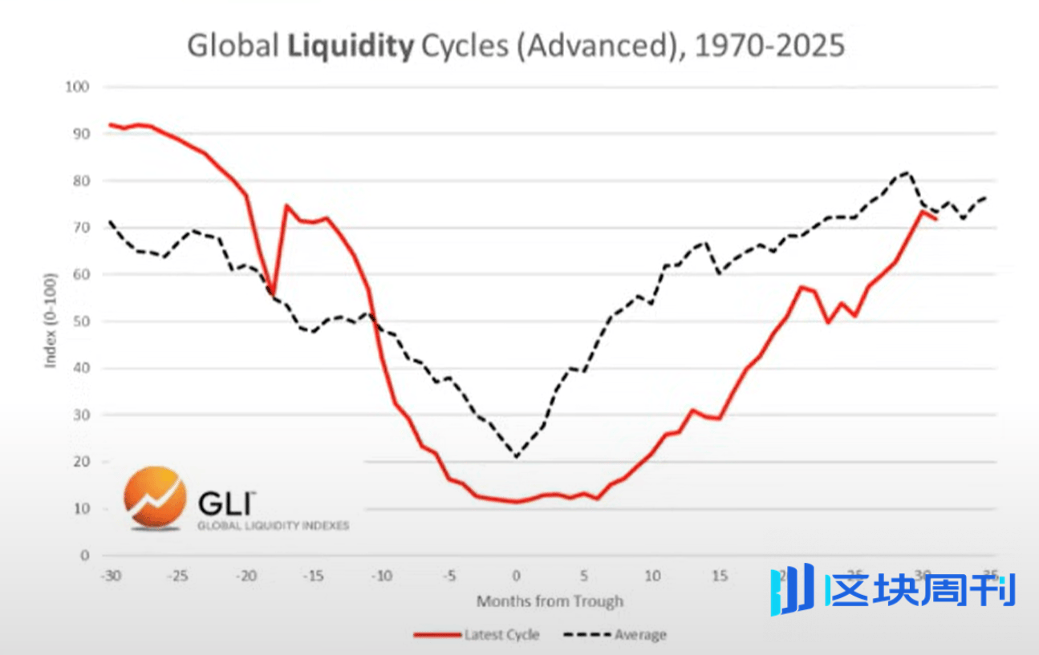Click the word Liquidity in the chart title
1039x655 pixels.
[x=349, y=46]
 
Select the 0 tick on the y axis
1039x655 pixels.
[x=85, y=556]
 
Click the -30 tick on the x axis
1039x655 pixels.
[x=109, y=575]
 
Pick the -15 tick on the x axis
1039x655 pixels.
[x=314, y=575]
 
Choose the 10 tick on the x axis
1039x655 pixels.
[x=653, y=575]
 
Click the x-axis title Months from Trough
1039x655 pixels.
[x=550, y=600]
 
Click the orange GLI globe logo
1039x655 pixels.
[x=155, y=498]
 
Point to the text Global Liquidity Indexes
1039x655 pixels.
[x=273, y=526]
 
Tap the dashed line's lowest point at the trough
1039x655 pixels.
[x=517, y=457]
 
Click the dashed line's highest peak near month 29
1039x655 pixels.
[x=907, y=172]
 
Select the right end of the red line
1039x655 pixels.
[x=936, y=218]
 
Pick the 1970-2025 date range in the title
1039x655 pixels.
[x=769, y=46]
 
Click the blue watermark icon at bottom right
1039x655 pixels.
[x=792, y=589]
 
